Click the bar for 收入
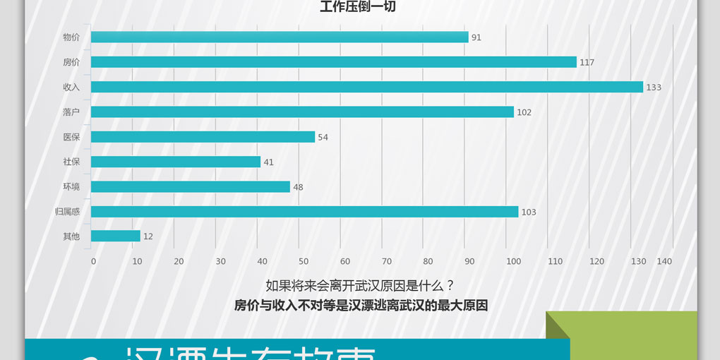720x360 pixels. pos(367,87)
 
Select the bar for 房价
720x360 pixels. pos(333,62)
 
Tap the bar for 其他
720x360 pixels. pos(116,236)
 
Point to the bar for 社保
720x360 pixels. pos(176,162)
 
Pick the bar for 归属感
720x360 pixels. pos(304,212)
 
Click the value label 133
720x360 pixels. pos(654,88)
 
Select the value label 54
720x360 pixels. pos(323,138)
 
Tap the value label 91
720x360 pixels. pos(476,37)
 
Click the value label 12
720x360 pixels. pos(148,237)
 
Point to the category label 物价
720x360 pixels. pos(71,37)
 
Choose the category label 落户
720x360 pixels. pos(71,112)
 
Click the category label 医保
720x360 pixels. pos(71,137)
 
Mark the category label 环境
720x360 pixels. pos(71,187)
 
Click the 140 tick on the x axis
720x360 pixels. pos(664,261)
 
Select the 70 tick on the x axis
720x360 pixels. pos(386,261)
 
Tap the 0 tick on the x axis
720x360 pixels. pos(93,261)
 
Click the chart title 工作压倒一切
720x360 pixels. pos(358,7)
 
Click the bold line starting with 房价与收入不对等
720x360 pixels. pos(361,306)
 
